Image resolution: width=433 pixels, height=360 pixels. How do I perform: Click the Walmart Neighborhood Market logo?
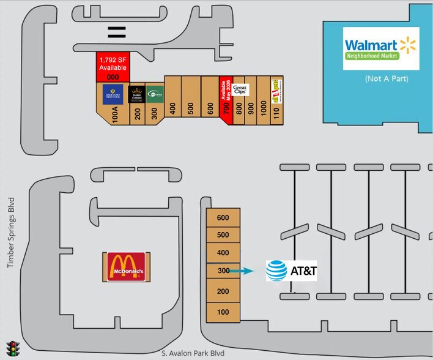[x=380, y=48]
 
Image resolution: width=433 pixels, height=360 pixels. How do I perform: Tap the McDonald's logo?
[x=126, y=266]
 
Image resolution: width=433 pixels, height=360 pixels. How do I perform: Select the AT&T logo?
[x=292, y=270]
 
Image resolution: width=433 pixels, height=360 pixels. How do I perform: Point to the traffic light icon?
[x=12, y=348]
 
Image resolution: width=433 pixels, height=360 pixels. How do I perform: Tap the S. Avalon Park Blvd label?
[x=193, y=353]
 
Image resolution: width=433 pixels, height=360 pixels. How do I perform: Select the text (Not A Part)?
[x=386, y=79]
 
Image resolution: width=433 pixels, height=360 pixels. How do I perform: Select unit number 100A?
[x=114, y=113]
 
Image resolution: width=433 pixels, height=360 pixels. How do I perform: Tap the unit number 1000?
[x=263, y=110]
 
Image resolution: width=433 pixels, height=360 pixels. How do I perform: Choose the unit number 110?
[x=276, y=113]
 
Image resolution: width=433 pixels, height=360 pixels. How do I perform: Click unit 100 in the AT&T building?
[x=223, y=312]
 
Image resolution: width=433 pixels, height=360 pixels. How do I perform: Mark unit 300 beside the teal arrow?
[x=223, y=271]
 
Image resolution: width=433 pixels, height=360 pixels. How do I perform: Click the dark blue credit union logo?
[x=114, y=94]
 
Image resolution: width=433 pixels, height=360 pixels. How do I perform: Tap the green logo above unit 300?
[x=155, y=94]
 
